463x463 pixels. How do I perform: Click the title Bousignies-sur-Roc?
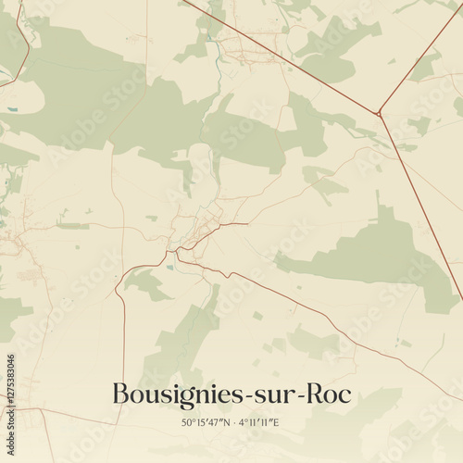pos(231,394)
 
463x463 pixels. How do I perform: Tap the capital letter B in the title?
pos(120,394)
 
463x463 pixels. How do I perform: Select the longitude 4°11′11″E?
pos(258,423)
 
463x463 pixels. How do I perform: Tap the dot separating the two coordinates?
pos(232,423)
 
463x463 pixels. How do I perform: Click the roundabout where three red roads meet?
pos(378,114)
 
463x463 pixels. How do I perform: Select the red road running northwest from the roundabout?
pos(278,56)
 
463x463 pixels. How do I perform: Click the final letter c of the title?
pos(345,395)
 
